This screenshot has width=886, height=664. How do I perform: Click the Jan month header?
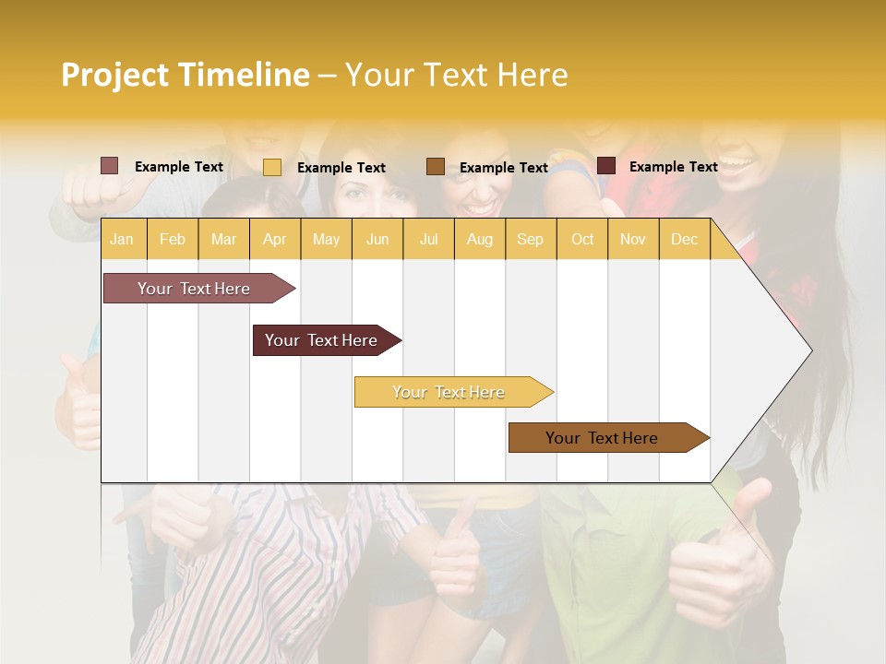coord(122,239)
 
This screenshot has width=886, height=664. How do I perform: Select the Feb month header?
coord(173,239)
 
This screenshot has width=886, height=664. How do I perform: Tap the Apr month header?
coord(274,239)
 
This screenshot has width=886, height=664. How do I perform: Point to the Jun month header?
coord(377,239)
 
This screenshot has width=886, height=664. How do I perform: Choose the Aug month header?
coord(479,239)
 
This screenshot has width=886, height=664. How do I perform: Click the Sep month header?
coord(530,239)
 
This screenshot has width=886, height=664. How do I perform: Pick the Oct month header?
coord(582,239)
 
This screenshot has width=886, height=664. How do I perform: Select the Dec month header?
coord(684,239)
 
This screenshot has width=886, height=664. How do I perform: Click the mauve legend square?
coord(109,166)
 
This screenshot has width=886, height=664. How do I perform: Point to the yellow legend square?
coord(272,167)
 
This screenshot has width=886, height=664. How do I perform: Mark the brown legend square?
coord(436,167)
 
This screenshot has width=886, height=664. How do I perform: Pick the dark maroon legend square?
coord(606,166)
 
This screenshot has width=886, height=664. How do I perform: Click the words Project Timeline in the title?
coord(185,75)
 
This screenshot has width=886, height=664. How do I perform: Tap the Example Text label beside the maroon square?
coord(673,167)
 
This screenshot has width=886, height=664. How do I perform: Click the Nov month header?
coord(633,239)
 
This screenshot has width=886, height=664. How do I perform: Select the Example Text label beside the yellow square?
coord(341,168)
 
